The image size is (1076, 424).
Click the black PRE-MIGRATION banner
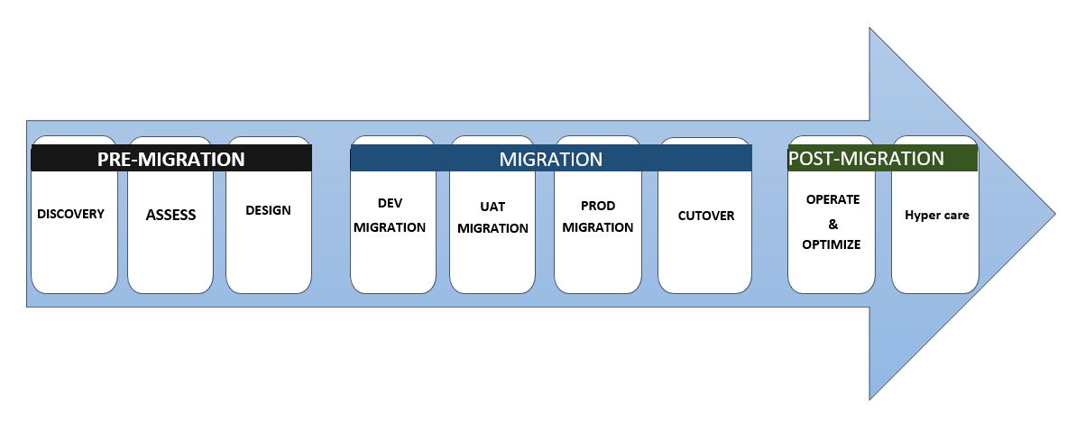[171, 159]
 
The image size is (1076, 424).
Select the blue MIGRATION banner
[550, 159]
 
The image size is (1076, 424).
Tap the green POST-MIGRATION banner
[866, 158]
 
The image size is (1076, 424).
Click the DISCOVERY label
[71, 214]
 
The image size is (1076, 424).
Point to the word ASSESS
[170, 215]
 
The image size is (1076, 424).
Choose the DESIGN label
[268, 210]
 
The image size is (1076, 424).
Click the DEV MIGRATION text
[390, 216]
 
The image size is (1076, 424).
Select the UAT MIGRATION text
[492, 217]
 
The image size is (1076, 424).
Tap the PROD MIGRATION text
[597, 217]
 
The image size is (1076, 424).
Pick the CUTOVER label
[706, 216]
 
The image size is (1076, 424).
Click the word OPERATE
[832, 198]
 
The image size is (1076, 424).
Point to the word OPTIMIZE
[832, 244]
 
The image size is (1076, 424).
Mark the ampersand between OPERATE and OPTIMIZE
[832, 222]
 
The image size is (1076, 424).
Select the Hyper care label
[936, 216]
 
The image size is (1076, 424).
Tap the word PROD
[597, 206]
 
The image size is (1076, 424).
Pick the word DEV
[390, 204]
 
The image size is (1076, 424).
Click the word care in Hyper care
[955, 216]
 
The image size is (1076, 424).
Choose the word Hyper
[921, 216]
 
